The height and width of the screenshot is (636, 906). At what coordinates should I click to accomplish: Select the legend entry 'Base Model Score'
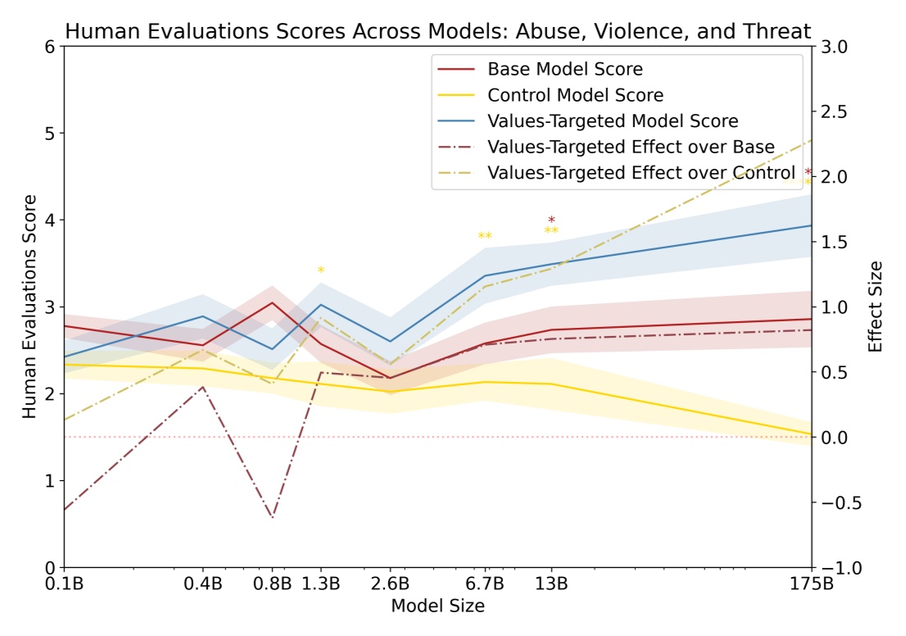coord(565,69)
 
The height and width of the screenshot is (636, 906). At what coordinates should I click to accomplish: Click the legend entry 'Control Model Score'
coord(575,95)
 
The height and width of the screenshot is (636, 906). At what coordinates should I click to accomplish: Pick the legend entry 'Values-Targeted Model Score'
coord(613,121)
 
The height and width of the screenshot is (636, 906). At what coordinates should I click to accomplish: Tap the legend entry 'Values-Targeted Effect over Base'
coord(631,148)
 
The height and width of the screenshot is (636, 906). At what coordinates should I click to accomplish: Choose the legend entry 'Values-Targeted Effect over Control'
coord(641,174)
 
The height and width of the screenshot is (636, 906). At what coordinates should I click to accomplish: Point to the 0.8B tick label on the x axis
coord(272,584)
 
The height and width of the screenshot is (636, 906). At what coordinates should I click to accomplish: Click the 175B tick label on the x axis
coord(811,584)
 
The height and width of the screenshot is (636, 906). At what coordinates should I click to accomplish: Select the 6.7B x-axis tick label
coord(485,584)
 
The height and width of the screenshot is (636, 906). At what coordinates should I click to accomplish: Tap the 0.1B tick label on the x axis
coord(64,584)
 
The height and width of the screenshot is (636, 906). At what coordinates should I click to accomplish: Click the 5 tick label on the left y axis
coord(50,133)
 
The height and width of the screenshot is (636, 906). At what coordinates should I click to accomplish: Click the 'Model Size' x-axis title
coord(437,607)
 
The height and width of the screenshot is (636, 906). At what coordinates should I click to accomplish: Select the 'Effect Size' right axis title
coord(876,307)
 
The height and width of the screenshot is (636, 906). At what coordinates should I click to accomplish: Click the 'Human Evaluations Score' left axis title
coord(29,307)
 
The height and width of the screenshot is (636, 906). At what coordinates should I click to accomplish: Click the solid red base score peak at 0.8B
coord(272,302)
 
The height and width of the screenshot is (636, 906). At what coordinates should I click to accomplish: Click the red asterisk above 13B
coord(551,220)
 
